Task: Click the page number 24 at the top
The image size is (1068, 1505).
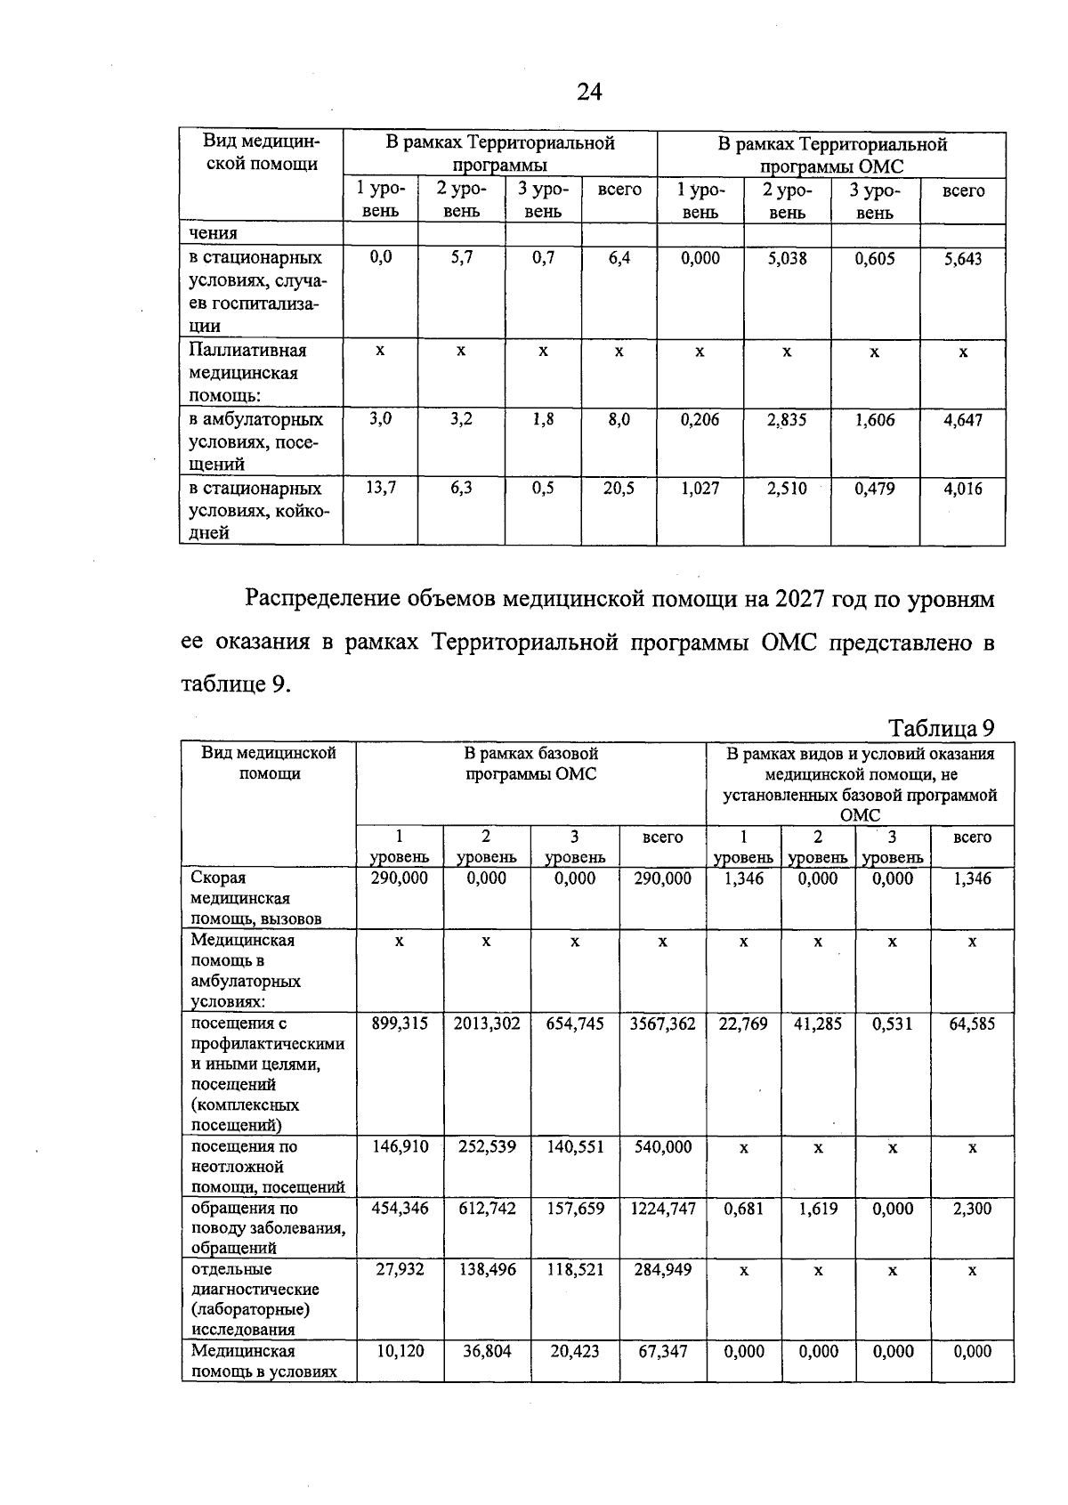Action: pos(589,92)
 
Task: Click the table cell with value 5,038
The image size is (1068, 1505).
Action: pos(787,259)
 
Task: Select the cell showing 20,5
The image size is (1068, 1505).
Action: pos(619,489)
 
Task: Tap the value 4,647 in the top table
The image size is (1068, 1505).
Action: pos(963,420)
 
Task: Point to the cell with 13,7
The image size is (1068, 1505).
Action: pos(380,489)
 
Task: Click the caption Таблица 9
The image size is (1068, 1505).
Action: pos(942,729)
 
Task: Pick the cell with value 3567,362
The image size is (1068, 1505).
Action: pos(662,1024)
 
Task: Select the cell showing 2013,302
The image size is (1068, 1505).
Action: pos(486,1024)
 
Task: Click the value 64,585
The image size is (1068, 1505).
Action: pos(972,1024)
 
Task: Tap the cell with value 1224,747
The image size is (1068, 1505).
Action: pos(662,1209)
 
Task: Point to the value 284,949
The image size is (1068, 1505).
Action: pos(662,1270)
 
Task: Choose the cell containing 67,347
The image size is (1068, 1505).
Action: pos(662,1351)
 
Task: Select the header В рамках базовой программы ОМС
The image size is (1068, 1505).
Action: pos(531,764)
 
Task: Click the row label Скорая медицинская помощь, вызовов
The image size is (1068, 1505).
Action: pos(255,898)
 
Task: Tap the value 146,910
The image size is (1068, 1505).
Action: pos(400,1147)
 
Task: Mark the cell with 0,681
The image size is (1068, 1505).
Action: pos(743,1209)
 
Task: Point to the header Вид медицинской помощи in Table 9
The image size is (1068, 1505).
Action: pos(268,764)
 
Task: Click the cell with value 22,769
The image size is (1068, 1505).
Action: pos(743,1024)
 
